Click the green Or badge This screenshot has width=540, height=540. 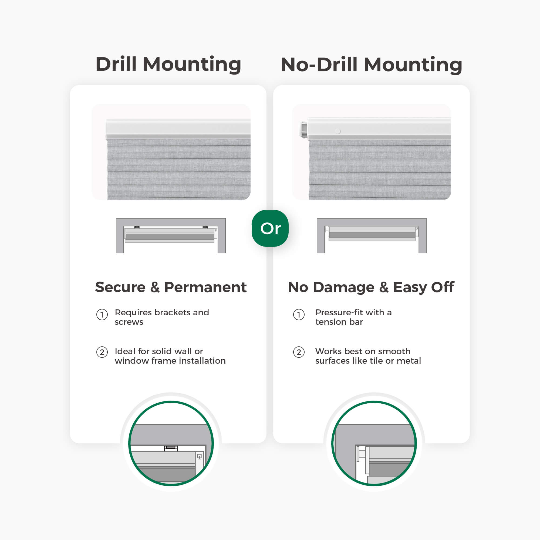coord(270,228)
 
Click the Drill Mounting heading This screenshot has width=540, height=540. coord(168,64)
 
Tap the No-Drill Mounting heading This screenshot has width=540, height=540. coord(372,65)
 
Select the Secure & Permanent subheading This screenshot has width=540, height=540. coord(171,287)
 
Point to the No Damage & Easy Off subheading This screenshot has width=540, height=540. coord(371,287)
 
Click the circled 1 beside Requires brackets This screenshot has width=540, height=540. coord(102,315)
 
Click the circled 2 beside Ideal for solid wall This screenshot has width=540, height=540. coord(102,352)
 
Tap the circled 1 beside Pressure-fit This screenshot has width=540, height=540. coord(299,315)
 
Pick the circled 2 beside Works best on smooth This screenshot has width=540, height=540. coord(299,352)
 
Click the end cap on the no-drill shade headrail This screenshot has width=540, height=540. coord(303,129)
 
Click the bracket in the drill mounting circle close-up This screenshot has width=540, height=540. coord(171,448)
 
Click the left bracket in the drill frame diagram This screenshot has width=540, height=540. coord(137,227)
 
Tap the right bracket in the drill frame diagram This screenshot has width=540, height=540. coord(205,227)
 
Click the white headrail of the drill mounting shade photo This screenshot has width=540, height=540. coord(178,129)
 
